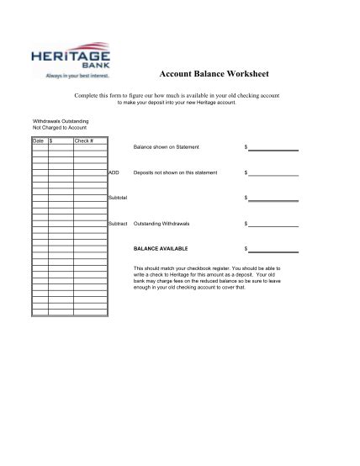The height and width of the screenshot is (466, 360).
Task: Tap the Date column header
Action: (x=38, y=140)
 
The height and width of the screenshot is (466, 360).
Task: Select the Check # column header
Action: (x=83, y=140)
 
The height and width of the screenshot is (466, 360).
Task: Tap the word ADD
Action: (x=114, y=172)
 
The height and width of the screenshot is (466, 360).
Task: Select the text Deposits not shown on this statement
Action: (x=175, y=172)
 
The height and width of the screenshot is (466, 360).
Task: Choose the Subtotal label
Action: (x=118, y=198)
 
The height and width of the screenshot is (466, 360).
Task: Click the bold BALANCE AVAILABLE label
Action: (x=161, y=249)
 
